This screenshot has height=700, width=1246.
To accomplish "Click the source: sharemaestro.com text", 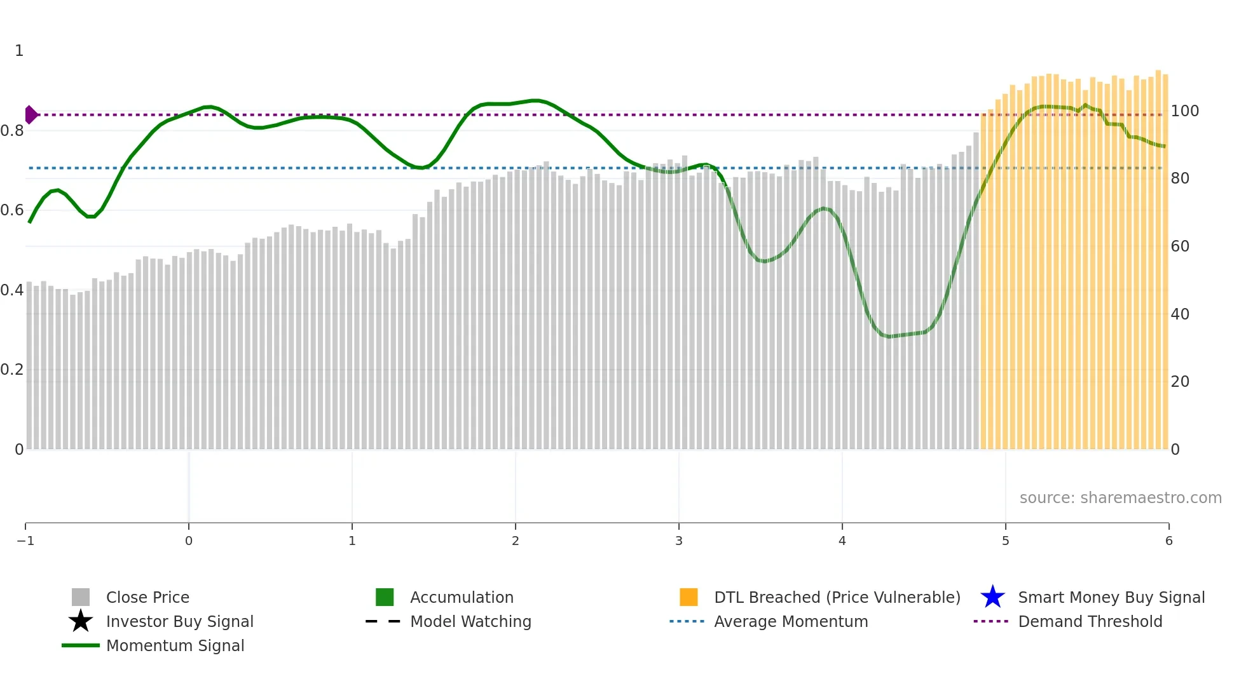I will point(1120,498).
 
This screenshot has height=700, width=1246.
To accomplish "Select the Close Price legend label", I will point(147,598).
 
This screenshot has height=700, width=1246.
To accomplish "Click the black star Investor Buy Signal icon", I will point(81,621).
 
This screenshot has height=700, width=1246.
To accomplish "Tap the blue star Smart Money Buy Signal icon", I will point(992,597).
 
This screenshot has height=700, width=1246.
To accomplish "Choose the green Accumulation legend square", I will point(385,597).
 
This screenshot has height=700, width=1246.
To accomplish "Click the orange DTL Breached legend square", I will point(688,597).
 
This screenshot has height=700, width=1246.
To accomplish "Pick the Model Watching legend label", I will point(470,622).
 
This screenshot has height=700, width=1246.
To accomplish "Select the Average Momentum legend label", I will point(791,622).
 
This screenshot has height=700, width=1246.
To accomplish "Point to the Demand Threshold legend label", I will point(1090,622).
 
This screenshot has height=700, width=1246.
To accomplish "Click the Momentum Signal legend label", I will point(175,646).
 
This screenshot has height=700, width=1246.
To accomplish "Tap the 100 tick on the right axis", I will point(1184,111).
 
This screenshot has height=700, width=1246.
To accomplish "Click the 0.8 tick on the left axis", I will point(12,131).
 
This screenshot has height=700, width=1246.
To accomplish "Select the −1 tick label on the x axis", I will point(25,541).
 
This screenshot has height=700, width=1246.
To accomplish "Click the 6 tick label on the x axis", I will point(1168,541).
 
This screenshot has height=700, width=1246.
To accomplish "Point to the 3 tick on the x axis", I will point(678,541).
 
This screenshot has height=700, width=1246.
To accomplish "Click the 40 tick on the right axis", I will point(1179,314).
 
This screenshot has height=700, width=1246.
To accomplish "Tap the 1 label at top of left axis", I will point(19,51).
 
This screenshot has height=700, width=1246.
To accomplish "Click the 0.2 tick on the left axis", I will point(12,370).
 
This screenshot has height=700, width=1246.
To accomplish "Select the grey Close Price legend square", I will point(81,597).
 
